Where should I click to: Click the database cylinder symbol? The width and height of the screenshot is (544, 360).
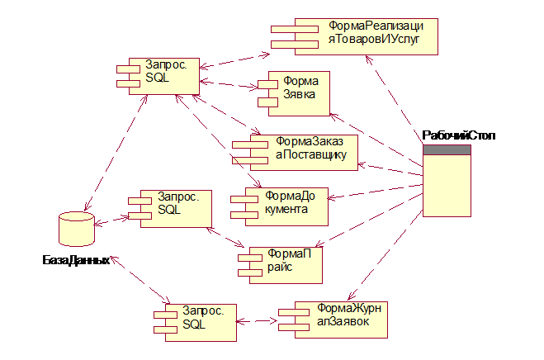coord(78,229)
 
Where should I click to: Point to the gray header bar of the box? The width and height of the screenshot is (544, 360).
coord(447,149)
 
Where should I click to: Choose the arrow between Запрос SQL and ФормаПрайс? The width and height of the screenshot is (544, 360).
coord(225,237)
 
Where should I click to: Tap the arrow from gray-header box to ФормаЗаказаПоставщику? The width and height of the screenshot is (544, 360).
coord(390,165)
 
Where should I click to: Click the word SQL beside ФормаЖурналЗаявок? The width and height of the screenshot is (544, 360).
coord(193,325)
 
